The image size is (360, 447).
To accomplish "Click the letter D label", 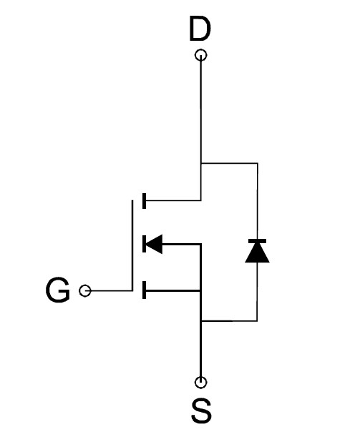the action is click(200, 29).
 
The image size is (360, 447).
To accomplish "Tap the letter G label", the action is click(58, 290).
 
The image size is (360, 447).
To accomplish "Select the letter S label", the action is click(201, 411).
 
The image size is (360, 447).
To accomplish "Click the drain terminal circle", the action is click(201, 55).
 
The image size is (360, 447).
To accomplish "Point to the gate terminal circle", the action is click(84, 291).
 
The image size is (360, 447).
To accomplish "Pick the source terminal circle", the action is click(201, 383).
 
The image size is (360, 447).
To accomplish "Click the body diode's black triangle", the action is click(257, 253).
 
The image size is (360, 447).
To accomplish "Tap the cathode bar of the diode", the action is click(257, 241).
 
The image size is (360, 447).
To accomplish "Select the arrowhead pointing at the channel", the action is click(154, 244).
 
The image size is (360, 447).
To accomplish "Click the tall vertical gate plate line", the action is click(132, 245).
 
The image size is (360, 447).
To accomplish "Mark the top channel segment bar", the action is click(144, 201).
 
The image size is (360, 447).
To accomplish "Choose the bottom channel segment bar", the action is click(144, 290).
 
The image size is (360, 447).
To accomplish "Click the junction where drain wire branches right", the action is click(201, 163).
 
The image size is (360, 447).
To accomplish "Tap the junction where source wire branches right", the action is click(201, 321).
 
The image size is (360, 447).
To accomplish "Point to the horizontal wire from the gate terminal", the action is click(111, 291).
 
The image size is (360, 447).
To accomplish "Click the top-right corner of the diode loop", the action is click(258, 163).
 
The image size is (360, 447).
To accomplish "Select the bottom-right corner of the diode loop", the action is click(258, 321).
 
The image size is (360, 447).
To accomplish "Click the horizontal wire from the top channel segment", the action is click(173, 201).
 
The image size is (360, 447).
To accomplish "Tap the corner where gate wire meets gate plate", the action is click(132, 291).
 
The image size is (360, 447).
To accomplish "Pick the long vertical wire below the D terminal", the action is click(201, 128).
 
